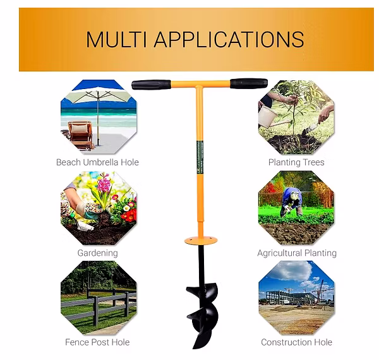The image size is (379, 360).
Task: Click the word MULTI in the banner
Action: click(x=116, y=40)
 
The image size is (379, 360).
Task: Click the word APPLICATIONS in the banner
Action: click(x=229, y=40)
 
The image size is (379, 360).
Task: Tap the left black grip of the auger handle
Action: click(x=151, y=85)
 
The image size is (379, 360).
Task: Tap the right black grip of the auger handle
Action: click(x=249, y=83)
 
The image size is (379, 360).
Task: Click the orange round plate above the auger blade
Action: click(x=201, y=241)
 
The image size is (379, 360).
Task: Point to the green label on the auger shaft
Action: click(x=200, y=157)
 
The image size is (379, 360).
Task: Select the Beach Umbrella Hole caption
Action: click(x=97, y=162)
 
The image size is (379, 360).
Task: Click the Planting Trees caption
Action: click(x=296, y=162)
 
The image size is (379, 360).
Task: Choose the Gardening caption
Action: click(x=98, y=253)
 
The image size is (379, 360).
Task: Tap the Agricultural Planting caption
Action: click(x=297, y=253)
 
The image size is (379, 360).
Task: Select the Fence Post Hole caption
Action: click(x=97, y=342)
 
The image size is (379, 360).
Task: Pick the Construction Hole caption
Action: click(x=297, y=342)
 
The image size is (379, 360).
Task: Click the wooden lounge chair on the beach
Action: click(x=80, y=135)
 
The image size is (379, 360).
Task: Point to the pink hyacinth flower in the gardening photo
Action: click(x=105, y=184)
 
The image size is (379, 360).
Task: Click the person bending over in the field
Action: click(x=292, y=201)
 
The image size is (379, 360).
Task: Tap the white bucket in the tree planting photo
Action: click(x=267, y=116)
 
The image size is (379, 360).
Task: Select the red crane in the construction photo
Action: click(x=320, y=291)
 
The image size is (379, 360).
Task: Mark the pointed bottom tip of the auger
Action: click(x=194, y=348)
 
